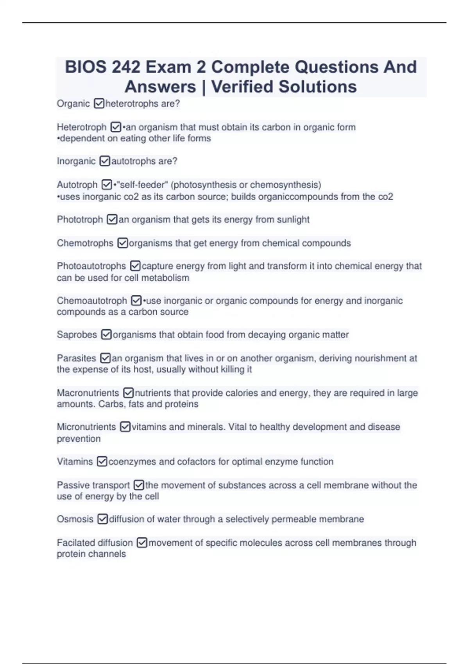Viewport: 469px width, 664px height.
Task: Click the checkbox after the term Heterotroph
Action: click(116, 127)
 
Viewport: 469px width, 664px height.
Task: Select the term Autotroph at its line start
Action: click(77, 185)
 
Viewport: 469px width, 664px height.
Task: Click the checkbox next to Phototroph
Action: click(112, 220)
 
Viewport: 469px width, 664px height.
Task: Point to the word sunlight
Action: click(293, 220)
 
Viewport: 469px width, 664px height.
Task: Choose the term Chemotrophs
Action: click(85, 243)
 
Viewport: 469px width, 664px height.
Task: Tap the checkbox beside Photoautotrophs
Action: click(135, 266)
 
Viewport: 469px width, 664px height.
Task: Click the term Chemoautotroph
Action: click(92, 301)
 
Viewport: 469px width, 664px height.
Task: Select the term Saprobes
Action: click(77, 335)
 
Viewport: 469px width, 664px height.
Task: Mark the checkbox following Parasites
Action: click(105, 358)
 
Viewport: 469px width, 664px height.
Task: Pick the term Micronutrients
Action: click(86, 427)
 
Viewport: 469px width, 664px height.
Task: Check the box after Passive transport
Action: click(139, 485)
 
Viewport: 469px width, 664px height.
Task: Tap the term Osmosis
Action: click(75, 519)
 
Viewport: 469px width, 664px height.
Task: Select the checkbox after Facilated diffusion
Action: click(142, 543)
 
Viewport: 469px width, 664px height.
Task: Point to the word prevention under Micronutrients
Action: click(79, 439)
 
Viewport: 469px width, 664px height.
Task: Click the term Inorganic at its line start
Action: click(76, 161)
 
